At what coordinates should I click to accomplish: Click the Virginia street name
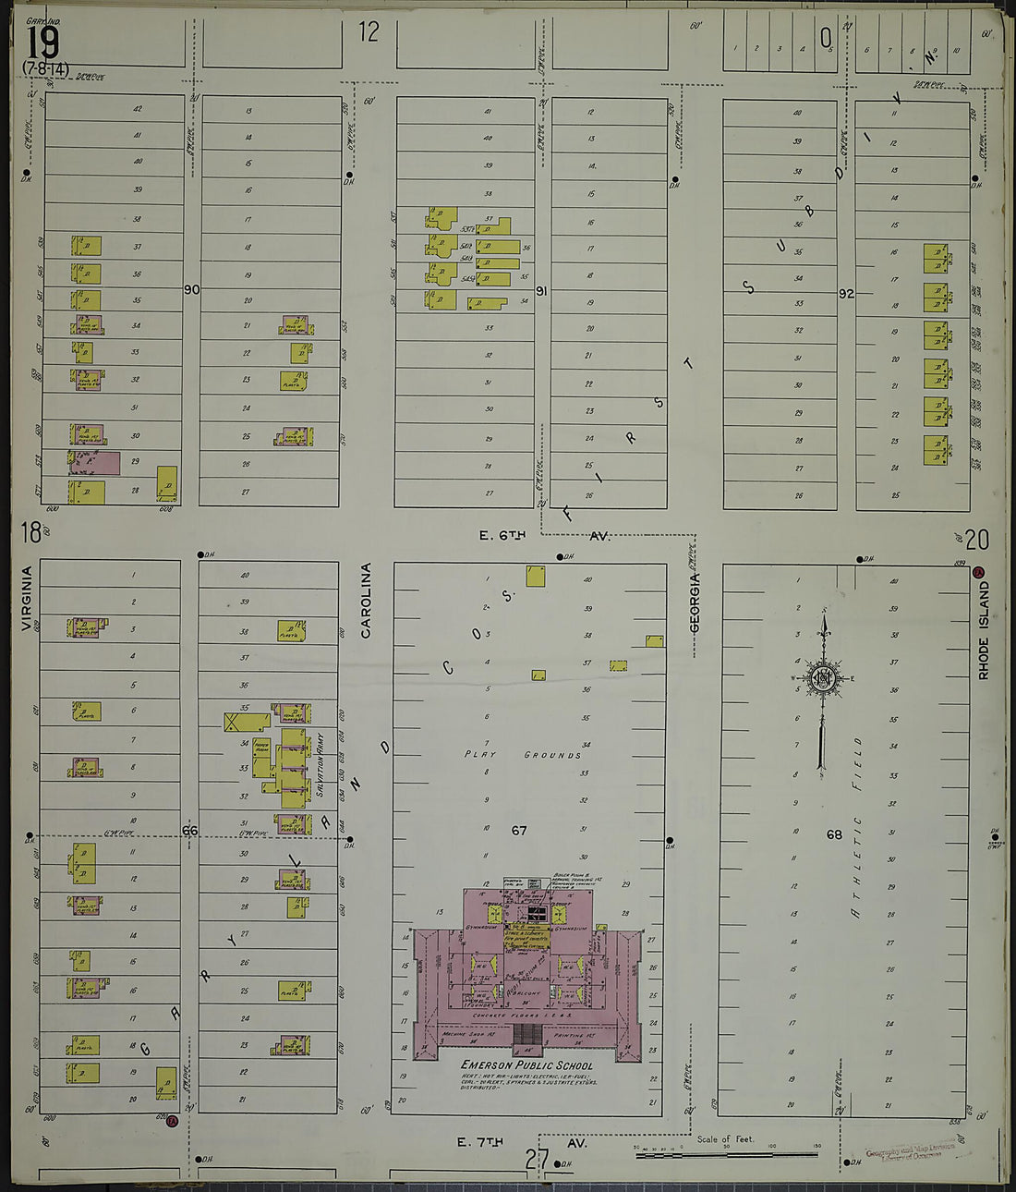[x=26, y=599]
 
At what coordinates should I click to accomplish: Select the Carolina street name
[x=366, y=601]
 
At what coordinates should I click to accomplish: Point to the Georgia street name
[x=695, y=603]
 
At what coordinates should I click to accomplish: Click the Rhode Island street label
[x=984, y=629]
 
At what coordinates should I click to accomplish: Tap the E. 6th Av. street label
[x=544, y=535]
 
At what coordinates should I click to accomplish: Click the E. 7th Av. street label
[x=521, y=1143]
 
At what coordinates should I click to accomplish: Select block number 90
[x=191, y=289]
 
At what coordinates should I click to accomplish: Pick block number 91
[x=542, y=291]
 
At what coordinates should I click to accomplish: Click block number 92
[x=845, y=294]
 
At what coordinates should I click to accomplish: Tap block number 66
[x=189, y=831]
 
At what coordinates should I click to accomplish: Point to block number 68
[x=834, y=834]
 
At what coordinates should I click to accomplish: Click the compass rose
[x=822, y=679]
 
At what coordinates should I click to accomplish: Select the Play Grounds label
[x=523, y=755]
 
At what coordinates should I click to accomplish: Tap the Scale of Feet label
[x=725, y=1139]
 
